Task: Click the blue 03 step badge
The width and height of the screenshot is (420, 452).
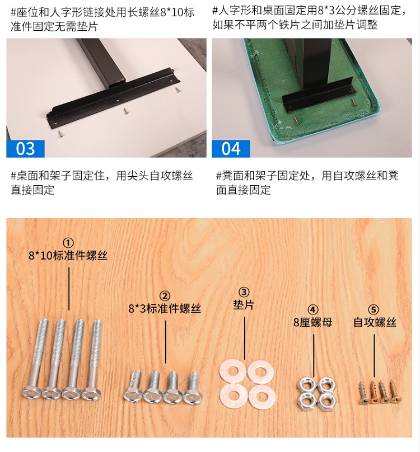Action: click(25, 148)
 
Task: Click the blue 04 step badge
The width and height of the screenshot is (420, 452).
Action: click(231, 148)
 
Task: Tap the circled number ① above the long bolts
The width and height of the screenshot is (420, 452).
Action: click(68, 243)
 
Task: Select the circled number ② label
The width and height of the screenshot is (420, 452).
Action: click(165, 296)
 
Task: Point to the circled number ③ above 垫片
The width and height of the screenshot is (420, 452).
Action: click(244, 293)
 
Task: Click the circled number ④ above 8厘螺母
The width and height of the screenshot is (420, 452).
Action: click(313, 310)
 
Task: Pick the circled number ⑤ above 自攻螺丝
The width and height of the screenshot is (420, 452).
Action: click(374, 310)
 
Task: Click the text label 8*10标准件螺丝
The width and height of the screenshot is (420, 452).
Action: click(68, 256)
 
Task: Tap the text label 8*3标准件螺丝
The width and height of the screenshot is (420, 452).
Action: click(165, 309)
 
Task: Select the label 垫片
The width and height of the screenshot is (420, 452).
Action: click(244, 305)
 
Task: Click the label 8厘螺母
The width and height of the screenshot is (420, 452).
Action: click(313, 322)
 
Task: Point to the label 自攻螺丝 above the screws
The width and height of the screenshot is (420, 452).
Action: click(375, 322)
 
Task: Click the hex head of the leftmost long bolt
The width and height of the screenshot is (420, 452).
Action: click(32, 393)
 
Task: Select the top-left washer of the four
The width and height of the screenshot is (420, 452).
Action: click(232, 373)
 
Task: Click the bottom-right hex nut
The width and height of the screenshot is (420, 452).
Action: click(327, 402)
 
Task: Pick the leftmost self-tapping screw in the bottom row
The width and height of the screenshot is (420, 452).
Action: click(363, 393)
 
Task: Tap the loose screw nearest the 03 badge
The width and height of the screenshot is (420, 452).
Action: click(60, 134)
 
